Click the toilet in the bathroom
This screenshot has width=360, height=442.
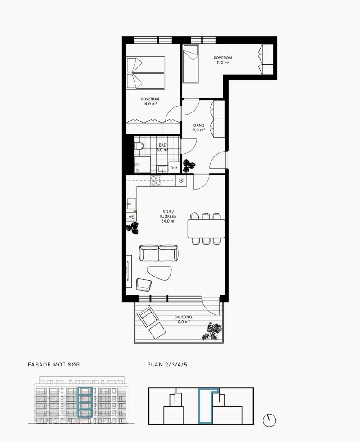(x=139, y=146)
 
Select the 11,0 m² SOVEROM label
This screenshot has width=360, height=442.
(x=223, y=60)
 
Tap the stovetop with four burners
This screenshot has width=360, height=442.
(x=156, y=180)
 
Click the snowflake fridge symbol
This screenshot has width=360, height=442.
(x=181, y=180)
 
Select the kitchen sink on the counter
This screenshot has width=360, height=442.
(x=131, y=204)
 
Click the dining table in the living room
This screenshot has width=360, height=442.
(x=206, y=228)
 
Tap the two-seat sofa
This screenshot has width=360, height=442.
(x=159, y=253)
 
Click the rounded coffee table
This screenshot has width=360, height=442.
(x=159, y=273)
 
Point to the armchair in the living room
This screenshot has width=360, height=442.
(x=144, y=285)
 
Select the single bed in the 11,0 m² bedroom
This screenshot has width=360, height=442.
(x=191, y=64)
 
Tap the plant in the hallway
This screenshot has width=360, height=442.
(x=189, y=165)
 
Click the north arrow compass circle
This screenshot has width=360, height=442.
(x=270, y=420)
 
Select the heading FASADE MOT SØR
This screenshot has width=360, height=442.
(x=54, y=365)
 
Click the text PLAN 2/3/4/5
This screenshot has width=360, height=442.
(x=167, y=365)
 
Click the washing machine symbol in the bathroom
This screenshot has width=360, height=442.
(x=174, y=167)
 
